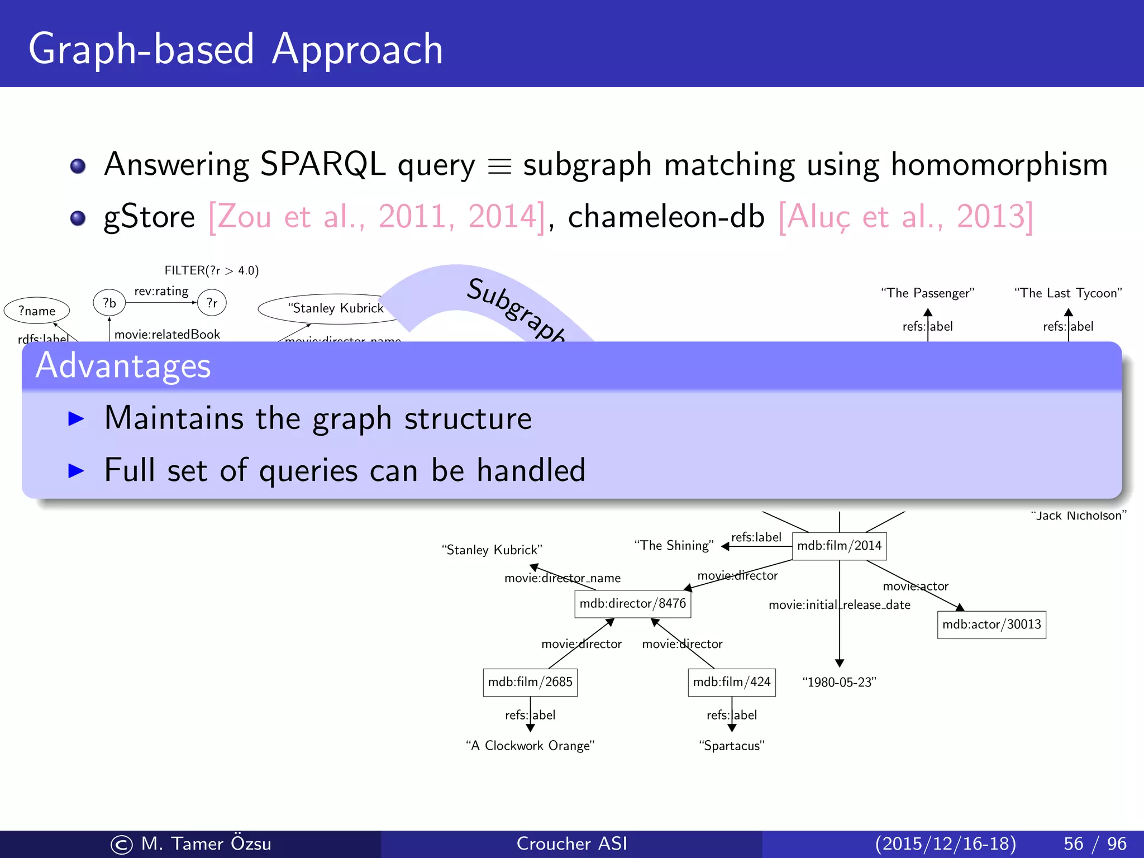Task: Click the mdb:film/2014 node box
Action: pos(839,546)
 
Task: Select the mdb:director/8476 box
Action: pos(632,604)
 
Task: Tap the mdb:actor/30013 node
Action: pos(991,625)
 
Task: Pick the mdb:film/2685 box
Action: pos(530,682)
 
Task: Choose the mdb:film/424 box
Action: pos(731,682)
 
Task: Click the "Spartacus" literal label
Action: pos(731,746)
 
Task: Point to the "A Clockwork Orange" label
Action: pos(530,746)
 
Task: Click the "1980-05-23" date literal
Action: pos(839,682)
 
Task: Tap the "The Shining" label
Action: pos(674,546)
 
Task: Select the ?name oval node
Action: pos(37,311)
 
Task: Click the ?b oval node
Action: pos(109,303)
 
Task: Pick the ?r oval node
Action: pos(212,303)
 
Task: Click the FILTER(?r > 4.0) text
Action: pos(211,270)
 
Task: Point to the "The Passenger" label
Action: pos(927,293)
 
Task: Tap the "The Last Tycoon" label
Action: pos(1068,293)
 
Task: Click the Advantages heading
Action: pos(123,366)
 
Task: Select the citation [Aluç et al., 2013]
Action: pos(905,217)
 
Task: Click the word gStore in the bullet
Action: pos(149,217)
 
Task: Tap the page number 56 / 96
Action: pos(1095,843)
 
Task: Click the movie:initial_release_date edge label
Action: pos(839,605)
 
